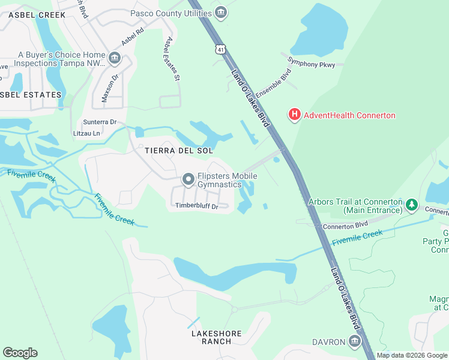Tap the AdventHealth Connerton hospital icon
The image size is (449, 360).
pos(294,115)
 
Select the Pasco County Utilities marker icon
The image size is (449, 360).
pos(221,12)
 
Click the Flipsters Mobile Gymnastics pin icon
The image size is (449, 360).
pos(188,179)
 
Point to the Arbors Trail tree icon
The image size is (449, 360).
pos(412,205)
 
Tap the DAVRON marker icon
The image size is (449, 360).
pos(355,342)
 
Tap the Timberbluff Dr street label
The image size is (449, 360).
pos(196,206)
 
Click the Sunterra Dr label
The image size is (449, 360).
pos(100,122)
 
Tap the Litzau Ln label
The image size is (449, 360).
pos(86,133)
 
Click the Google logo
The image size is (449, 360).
pos(20,353)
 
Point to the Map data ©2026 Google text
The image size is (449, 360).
pos(412,355)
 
